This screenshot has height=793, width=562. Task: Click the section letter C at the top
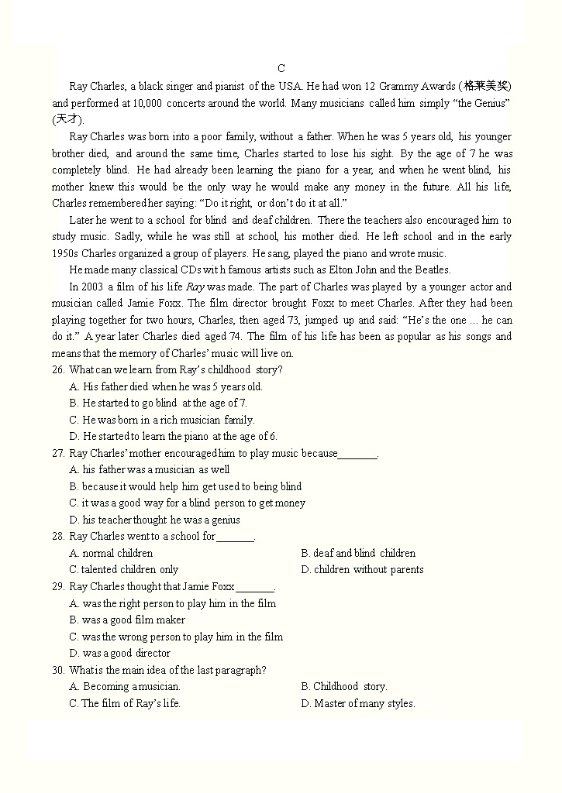281,69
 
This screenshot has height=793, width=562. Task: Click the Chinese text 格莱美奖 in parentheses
486,86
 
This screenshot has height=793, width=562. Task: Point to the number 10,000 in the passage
147,103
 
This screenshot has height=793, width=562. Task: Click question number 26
58,369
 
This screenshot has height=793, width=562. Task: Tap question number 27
58,453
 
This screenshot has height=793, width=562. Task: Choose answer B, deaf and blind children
358,553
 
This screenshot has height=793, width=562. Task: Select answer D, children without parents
362,569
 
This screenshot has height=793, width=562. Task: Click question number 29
58,586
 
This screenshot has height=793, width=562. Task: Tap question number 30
58,670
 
